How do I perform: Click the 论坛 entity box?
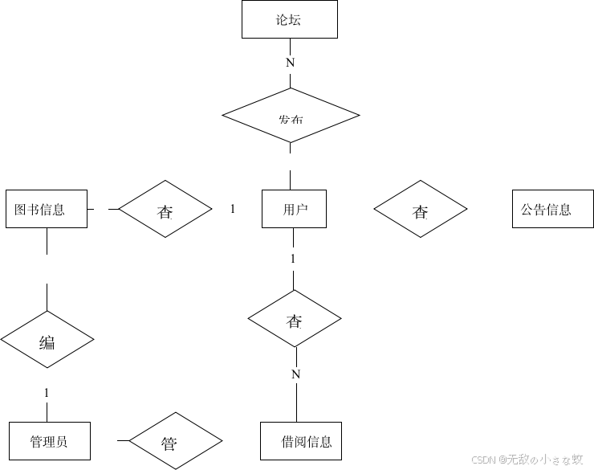[290, 20]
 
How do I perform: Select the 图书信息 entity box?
[46, 209]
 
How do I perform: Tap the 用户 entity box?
[294, 210]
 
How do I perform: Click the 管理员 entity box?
[49, 441]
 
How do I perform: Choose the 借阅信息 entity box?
[301, 441]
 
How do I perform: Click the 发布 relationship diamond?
[291, 116]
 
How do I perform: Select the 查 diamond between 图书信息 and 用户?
[165, 210]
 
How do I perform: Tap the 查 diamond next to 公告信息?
[421, 210]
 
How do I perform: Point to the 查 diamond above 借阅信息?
[295, 320]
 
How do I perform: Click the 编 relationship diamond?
[47, 341]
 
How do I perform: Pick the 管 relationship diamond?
[169, 442]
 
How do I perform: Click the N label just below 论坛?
[290, 63]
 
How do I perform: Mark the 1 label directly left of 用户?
[233, 209]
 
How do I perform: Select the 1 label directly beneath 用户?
[293, 259]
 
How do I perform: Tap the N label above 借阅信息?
[295, 374]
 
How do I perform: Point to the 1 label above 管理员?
[47, 393]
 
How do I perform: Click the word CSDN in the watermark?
[482, 460]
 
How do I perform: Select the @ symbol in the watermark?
[501, 460]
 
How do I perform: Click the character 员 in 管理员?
[62, 441]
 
